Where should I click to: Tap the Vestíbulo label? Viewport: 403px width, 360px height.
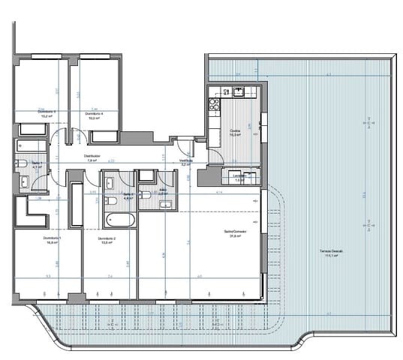click(185, 160)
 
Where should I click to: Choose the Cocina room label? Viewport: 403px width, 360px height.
click(235, 132)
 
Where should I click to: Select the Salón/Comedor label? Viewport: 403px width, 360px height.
click(235, 232)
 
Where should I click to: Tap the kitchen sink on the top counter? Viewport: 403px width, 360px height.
click(239, 92)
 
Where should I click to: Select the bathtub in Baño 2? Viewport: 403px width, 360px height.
click(119, 220)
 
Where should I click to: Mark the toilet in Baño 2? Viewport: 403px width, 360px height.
click(110, 200)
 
